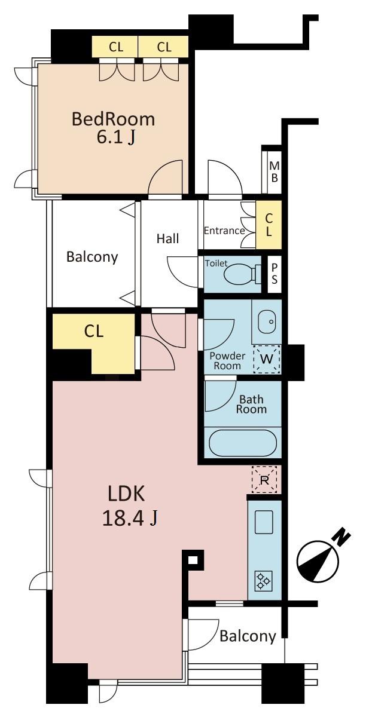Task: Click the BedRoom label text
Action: tap(113, 119)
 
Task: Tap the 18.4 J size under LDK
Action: tap(130, 518)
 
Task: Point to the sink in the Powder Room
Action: tap(266, 322)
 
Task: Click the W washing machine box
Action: tap(267, 359)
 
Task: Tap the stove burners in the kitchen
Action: tap(263, 579)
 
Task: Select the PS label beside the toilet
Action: tap(274, 274)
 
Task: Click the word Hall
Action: tap(167, 239)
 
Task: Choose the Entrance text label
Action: tap(224, 231)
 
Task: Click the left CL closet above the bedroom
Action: tap(115, 46)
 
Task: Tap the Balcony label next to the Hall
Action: tap(92, 257)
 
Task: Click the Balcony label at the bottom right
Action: tap(248, 636)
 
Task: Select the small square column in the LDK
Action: tap(193, 560)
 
